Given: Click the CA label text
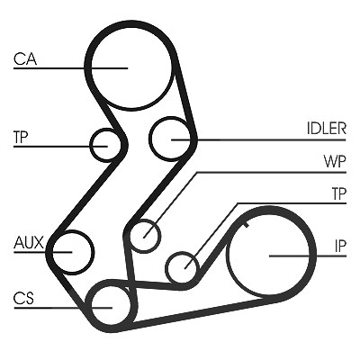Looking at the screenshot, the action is click(25, 58).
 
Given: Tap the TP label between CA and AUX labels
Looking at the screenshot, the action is click(21, 137).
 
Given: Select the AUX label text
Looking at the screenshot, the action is click(29, 242).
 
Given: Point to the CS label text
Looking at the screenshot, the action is click(23, 298).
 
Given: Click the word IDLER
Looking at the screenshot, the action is click(327, 129).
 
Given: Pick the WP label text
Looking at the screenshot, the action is click(335, 161).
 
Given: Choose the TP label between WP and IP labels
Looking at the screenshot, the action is click(339, 193).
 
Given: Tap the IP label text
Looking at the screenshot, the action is click(340, 247).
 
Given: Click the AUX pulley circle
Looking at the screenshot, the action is click(93, 252).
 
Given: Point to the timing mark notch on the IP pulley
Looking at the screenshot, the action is click(247, 224).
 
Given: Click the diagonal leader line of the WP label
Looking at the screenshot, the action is click(170, 205).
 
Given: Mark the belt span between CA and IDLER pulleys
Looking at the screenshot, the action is click(185, 96).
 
